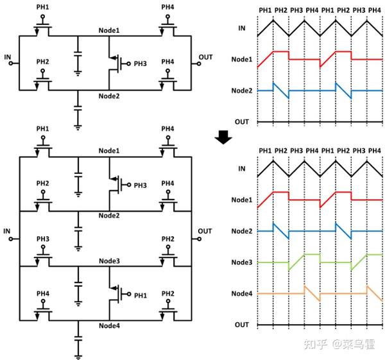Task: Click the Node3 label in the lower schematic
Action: click(110, 262)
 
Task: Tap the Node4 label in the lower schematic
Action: click(110, 325)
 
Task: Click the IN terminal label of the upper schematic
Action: click(8, 56)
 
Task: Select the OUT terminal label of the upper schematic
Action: click(205, 56)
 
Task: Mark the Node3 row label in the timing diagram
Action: click(241, 262)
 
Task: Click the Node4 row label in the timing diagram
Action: click(241, 294)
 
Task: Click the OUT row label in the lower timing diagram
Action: click(242, 325)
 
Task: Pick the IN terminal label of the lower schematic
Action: click(8, 230)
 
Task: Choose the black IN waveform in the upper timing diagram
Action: click(305, 28)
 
